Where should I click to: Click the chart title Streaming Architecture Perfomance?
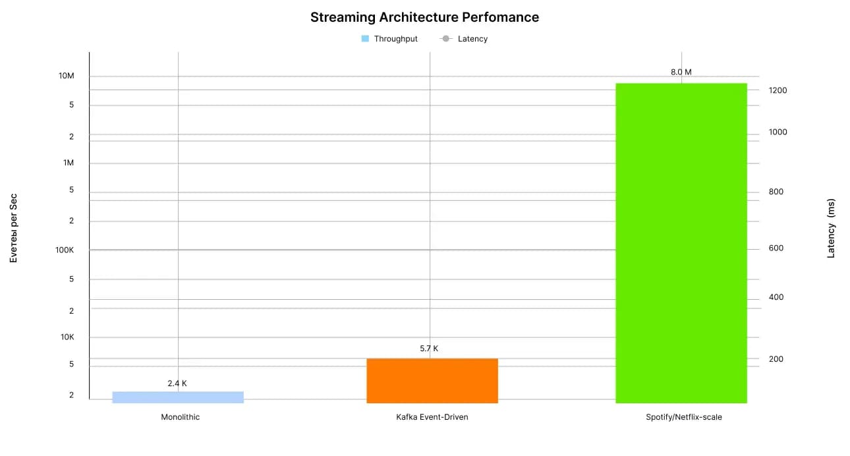[x=424, y=18]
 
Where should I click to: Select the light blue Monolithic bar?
[x=178, y=397]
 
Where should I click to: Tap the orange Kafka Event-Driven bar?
[x=432, y=380]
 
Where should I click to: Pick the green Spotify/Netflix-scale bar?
[x=681, y=242]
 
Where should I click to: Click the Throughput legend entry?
[x=389, y=39]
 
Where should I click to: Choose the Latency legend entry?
[x=465, y=39]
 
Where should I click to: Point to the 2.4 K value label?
[x=177, y=383]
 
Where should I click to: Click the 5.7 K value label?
[x=429, y=349]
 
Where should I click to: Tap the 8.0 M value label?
[x=681, y=72]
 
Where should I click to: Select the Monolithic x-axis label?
[x=180, y=417]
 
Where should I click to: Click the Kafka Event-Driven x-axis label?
[x=432, y=417]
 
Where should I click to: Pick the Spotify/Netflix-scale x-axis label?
[x=684, y=417]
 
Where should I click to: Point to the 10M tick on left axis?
[x=67, y=76]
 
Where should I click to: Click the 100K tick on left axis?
[x=65, y=250]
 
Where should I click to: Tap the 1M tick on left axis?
[x=68, y=163]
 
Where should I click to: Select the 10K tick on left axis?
[x=67, y=337]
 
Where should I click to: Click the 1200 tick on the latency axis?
[x=778, y=90]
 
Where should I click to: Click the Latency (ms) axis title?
[x=831, y=228]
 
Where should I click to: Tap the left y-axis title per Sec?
[x=13, y=228]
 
